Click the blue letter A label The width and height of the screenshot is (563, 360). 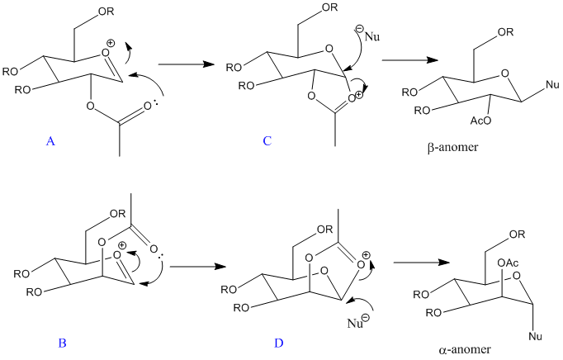pyautogui.click(x=51, y=141)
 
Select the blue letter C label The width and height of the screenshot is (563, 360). pyautogui.click(x=267, y=141)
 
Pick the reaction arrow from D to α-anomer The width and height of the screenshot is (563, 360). pyautogui.click(x=422, y=263)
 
